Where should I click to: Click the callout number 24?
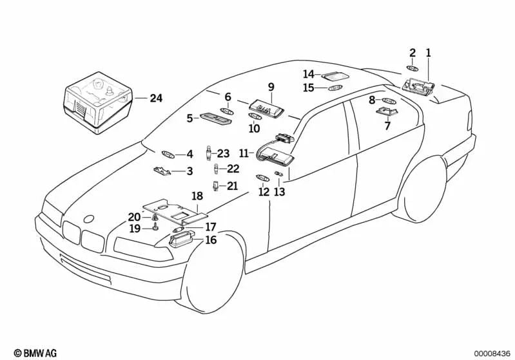pos(156,99)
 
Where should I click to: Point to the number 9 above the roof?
pos(271,86)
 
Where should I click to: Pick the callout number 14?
pos(309,74)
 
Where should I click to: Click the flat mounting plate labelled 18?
pos(174,211)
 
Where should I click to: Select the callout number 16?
pos(211,240)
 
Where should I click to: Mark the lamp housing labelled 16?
pos(180,242)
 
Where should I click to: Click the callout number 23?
pos(223,153)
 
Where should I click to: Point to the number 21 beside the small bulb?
pos(232,186)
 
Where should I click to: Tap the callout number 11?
pos(243,153)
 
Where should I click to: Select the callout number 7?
pos(387,126)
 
